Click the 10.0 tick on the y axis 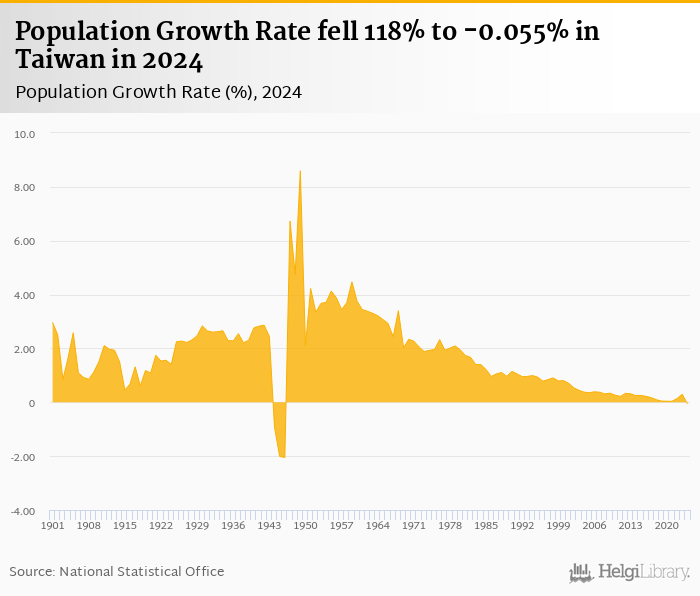click(26, 134)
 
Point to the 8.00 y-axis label click(24, 188)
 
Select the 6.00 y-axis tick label click(24, 242)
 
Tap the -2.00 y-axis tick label click(22, 458)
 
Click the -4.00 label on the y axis click(22, 512)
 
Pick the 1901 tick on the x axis click(52, 525)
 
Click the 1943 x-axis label click(270, 525)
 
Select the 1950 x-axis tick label click(306, 525)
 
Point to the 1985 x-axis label click(487, 525)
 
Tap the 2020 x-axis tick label click(668, 525)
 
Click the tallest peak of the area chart click(300, 172)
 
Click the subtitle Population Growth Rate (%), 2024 click(159, 92)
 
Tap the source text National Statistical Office click(141, 571)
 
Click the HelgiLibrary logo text click(643, 572)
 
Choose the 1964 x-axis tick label click(378, 525)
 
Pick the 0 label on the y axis click(32, 404)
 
